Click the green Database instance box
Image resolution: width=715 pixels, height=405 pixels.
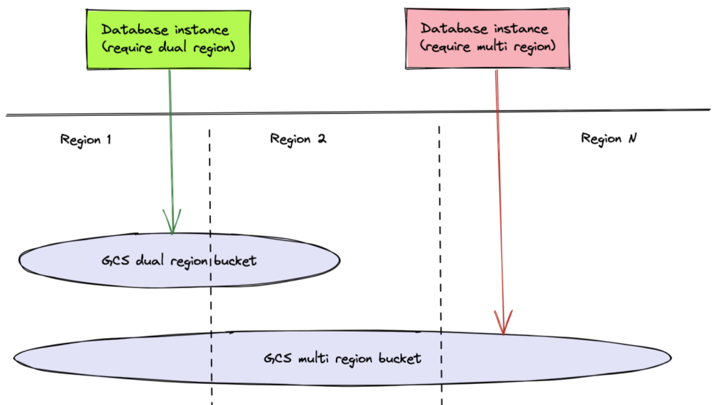tap(169, 39)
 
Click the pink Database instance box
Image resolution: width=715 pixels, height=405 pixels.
tap(485, 38)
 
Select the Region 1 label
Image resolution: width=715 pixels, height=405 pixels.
tap(86, 139)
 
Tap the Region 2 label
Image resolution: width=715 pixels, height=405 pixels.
tap(298, 139)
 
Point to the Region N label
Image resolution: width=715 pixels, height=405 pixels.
tap(608, 139)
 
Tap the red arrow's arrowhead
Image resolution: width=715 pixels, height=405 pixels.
tap(503, 323)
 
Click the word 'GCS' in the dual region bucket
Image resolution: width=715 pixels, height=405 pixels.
tap(113, 261)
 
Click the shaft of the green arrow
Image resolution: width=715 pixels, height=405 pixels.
tap(170, 140)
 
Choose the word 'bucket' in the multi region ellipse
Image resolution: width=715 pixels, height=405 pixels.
tap(398, 359)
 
